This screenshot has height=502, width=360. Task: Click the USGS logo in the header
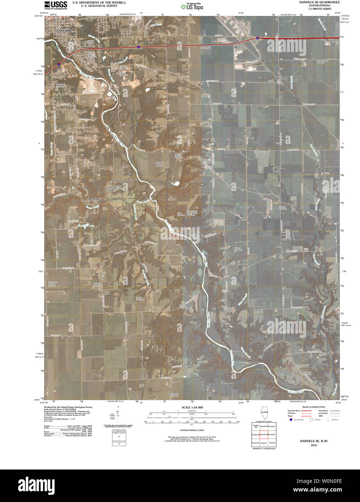tap(55, 5)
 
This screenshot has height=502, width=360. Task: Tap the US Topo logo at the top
tap(194, 6)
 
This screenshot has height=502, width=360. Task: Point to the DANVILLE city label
tap(64, 31)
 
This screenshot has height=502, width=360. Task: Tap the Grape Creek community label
tap(110, 188)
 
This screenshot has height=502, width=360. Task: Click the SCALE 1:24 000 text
tap(192, 407)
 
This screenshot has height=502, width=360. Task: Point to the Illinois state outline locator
tap(264, 413)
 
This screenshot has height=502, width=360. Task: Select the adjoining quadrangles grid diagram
tap(264, 435)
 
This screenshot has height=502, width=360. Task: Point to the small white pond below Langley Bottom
tap(175, 183)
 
